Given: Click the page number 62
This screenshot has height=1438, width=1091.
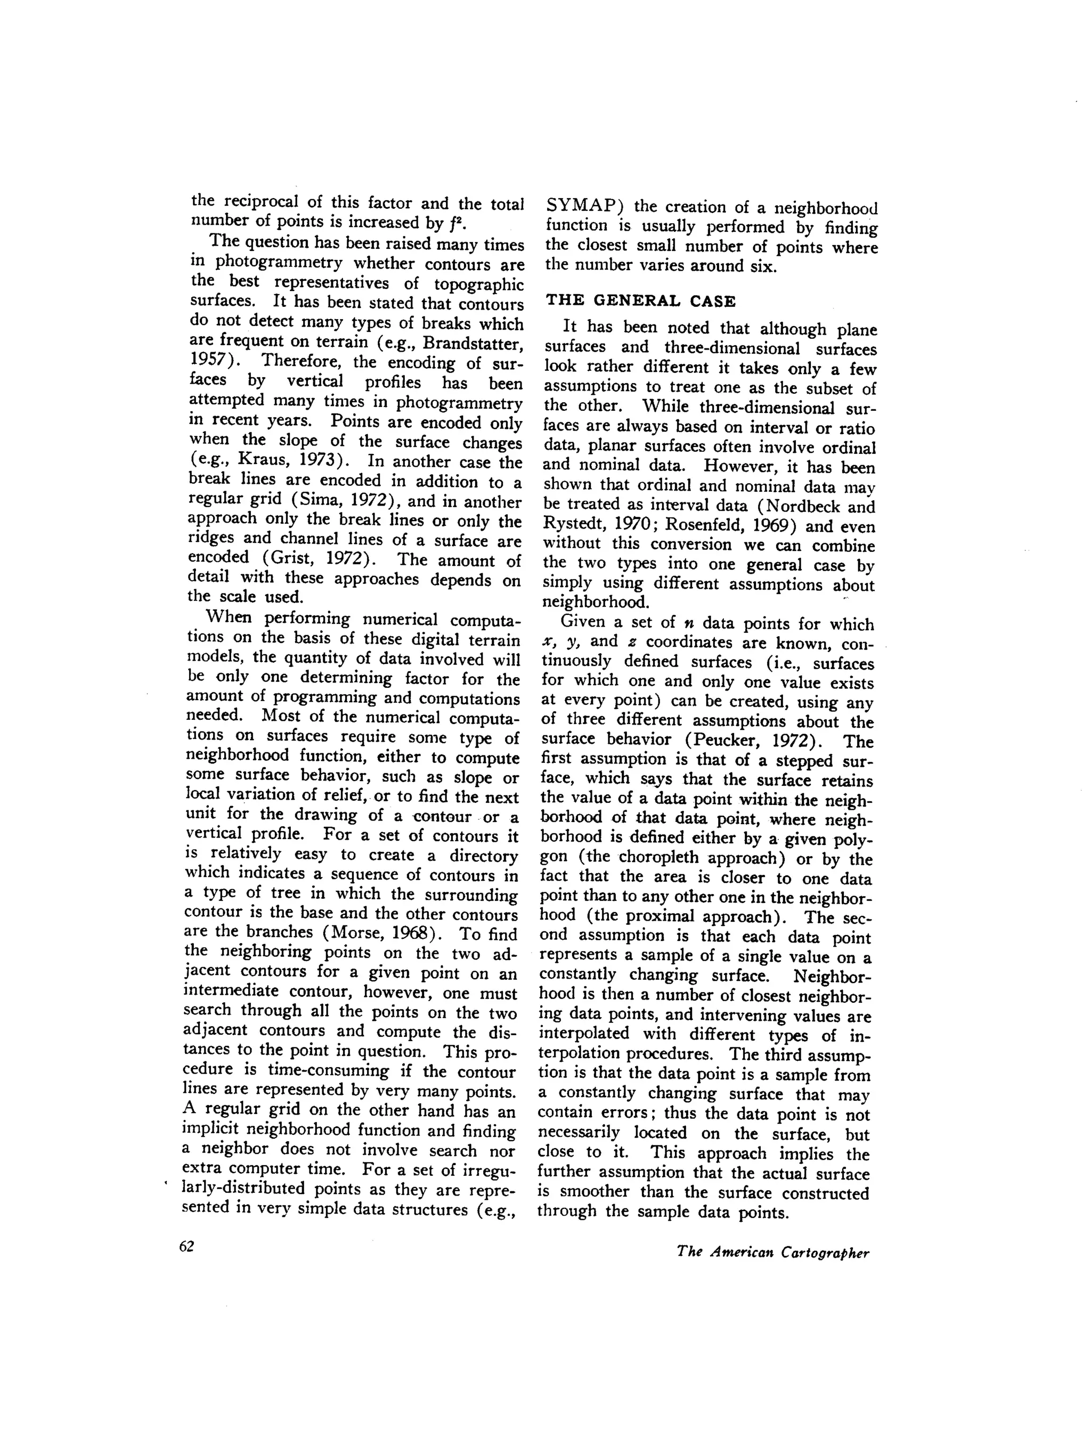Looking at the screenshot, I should click(x=186, y=1246).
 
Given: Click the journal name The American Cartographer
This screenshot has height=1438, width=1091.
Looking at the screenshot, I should click(x=772, y=1252).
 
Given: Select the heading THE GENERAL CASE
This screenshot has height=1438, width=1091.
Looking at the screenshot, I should click(x=640, y=301).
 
